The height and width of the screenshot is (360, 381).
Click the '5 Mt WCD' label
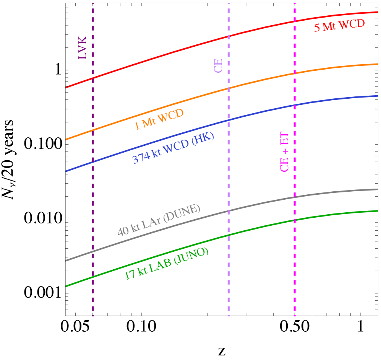click(339, 26)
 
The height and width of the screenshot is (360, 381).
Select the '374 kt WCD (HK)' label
click(173, 148)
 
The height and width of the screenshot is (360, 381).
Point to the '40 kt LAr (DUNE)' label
click(159, 220)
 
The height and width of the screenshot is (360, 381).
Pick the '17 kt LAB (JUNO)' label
click(166, 264)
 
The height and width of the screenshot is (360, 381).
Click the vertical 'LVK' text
click(83, 48)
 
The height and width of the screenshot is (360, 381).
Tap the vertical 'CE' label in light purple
click(218, 65)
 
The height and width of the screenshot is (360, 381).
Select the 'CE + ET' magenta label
click(284, 152)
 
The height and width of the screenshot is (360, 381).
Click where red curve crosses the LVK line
click(93, 78)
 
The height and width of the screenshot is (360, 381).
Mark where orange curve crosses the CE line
click(229, 88)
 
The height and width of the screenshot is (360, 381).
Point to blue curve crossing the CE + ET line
click(295, 105)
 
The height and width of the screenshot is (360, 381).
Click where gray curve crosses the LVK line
click(93, 252)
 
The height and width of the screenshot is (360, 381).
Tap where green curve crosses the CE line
click(229, 234)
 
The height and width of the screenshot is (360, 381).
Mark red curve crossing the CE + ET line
click(295, 21)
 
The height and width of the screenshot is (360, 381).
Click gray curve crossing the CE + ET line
click(295, 197)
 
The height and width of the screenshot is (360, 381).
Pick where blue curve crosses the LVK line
click(93, 162)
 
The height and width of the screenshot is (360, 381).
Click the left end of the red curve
click(66, 87)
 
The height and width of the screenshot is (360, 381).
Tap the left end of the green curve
click(66, 286)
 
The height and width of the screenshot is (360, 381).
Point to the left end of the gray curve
click(66, 261)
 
